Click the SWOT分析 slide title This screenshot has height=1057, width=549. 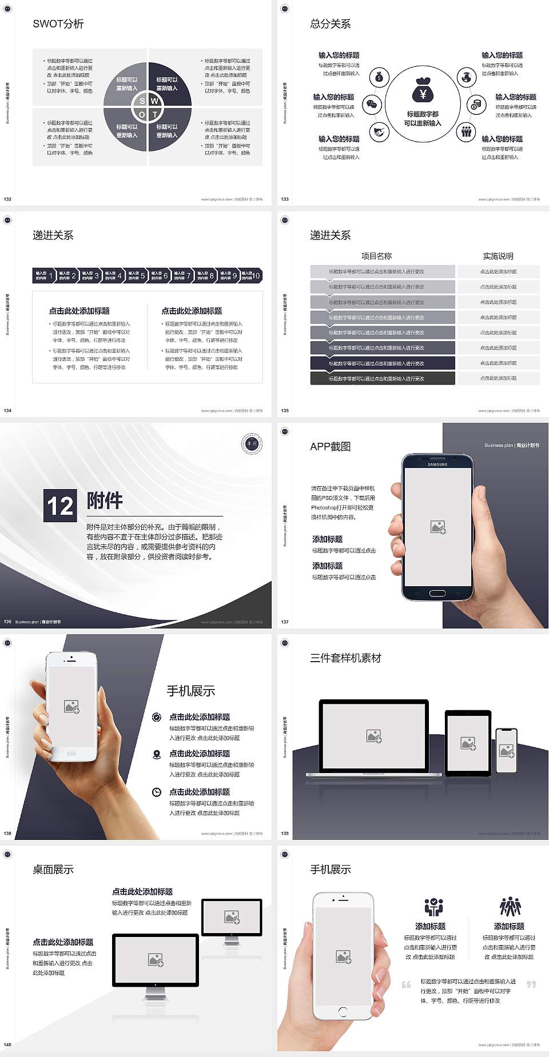[x=58, y=24]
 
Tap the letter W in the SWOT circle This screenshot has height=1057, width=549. [x=154, y=101]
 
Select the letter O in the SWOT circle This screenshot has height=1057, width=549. [x=142, y=114]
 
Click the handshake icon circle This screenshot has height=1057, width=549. [x=379, y=132]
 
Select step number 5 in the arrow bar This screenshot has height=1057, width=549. [x=142, y=276]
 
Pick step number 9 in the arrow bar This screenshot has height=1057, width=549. [x=234, y=276]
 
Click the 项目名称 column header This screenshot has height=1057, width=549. [x=376, y=256]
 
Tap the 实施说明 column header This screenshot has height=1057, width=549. [x=498, y=256]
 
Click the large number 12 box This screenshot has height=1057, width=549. [x=60, y=506]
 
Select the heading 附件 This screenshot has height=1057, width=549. [x=105, y=501]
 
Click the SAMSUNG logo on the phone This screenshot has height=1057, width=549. [x=437, y=465]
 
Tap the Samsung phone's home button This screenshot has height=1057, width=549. [x=437, y=593]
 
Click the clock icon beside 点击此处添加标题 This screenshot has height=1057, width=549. [x=157, y=792]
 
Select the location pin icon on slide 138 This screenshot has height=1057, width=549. [x=157, y=754]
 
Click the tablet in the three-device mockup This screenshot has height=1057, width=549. [x=468, y=743]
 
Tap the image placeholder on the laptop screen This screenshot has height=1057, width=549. [x=374, y=736]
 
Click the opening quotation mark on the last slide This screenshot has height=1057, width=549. [x=406, y=984]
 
